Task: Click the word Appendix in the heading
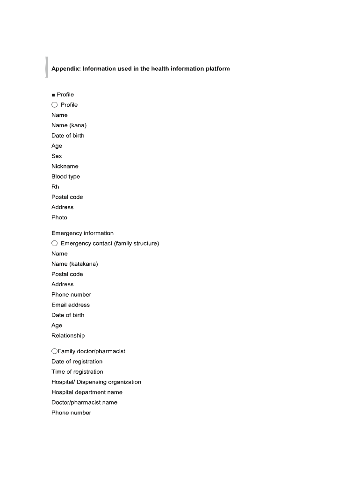point(65,69)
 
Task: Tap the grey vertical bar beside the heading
point(47,67)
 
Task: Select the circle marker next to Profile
point(55,105)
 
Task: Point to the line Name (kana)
point(69,125)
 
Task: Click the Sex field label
point(57,156)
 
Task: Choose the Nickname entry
point(65,167)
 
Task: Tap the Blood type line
point(65,177)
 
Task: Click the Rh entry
point(55,187)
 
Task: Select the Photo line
point(59,218)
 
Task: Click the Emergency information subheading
point(82,233)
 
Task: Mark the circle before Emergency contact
point(55,244)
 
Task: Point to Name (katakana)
point(75,264)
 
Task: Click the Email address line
point(71,305)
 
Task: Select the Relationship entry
point(68,336)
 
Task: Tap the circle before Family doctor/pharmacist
point(54,351)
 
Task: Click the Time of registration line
point(77,372)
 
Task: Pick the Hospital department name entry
point(87,392)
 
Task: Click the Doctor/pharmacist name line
point(84,403)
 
